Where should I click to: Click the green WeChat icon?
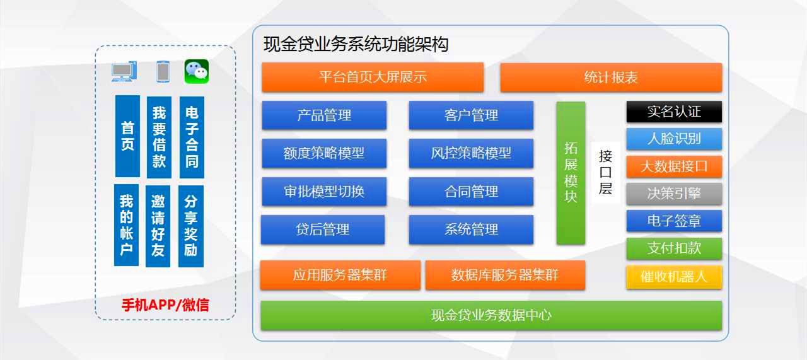click(196, 71)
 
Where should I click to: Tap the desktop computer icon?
click(124, 71)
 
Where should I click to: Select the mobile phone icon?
click(163, 71)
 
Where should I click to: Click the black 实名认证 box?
click(674, 112)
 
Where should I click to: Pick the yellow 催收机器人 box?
click(674, 277)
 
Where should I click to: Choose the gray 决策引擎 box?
click(674, 194)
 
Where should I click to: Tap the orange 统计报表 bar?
click(611, 78)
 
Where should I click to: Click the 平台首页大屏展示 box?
click(373, 77)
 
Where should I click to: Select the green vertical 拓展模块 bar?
click(571, 173)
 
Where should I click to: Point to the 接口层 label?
click(605, 172)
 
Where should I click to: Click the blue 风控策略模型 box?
click(471, 153)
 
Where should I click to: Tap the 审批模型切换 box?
click(324, 192)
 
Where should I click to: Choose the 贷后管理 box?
click(323, 229)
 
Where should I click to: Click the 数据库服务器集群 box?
click(505, 275)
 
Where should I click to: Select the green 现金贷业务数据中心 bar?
click(491, 315)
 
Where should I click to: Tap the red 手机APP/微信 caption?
click(165, 305)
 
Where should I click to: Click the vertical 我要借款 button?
click(159, 137)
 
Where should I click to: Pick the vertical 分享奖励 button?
click(191, 226)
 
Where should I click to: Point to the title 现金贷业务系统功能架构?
click(356, 45)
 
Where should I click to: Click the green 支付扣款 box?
click(674, 248)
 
